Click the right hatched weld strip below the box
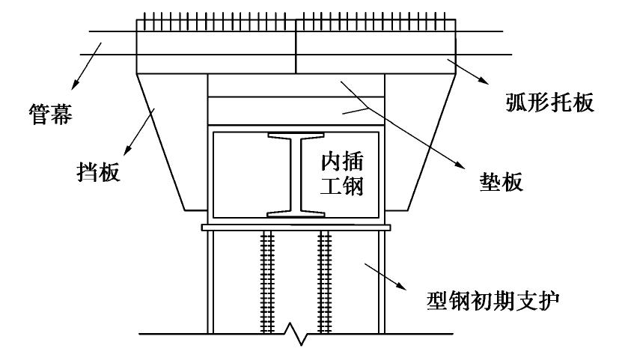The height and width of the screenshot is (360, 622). (x=325, y=282)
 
